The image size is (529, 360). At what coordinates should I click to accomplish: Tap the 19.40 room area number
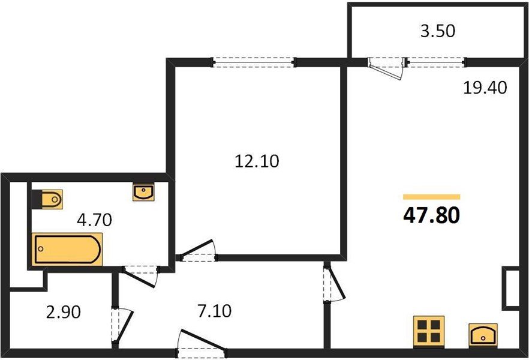(485, 88)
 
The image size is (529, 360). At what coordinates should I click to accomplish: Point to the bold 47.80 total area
(432, 214)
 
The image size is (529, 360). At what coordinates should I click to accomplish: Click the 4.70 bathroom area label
(94, 220)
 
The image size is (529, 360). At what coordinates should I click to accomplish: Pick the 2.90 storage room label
(62, 312)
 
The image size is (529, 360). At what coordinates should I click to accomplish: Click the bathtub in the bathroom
(67, 249)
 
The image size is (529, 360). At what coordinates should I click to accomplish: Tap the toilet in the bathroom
(49, 198)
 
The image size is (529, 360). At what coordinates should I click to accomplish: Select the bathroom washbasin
(143, 192)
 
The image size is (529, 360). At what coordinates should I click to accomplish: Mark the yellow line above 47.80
(431, 196)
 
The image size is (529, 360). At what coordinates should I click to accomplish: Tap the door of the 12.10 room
(199, 251)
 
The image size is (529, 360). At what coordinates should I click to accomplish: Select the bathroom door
(141, 275)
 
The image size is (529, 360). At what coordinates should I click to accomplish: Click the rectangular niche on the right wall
(511, 289)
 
